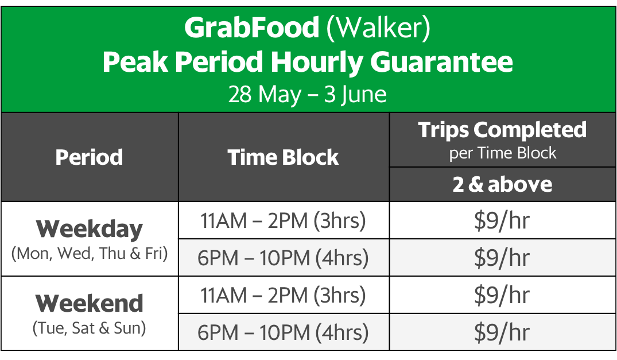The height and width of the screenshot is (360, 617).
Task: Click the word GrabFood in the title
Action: click(x=251, y=28)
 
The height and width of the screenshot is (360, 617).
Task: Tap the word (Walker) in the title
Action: click(x=378, y=28)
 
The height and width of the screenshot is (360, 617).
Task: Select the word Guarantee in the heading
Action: click(x=441, y=62)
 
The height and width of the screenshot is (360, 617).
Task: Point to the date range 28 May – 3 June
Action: click(x=307, y=94)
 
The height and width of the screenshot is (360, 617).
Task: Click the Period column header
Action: click(x=90, y=157)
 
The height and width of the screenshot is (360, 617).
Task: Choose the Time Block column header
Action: click(x=284, y=157)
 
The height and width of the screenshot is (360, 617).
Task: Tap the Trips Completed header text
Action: click(x=502, y=130)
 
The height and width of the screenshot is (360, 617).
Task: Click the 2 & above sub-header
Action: click(x=502, y=184)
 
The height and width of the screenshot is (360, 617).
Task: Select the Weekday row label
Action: click(x=90, y=229)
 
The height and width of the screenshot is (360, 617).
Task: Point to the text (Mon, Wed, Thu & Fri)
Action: click(x=90, y=254)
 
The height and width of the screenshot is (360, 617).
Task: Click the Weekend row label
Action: click(x=90, y=304)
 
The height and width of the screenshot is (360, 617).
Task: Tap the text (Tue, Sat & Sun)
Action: click(x=90, y=328)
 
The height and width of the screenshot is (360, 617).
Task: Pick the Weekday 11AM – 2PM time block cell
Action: click(x=284, y=220)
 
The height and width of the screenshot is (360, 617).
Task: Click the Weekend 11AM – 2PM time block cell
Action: click(x=284, y=296)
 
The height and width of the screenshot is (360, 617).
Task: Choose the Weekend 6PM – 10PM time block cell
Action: click(x=284, y=332)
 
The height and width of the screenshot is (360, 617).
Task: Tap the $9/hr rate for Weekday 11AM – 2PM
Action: click(x=502, y=220)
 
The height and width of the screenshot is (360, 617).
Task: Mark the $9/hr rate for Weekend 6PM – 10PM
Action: click(x=502, y=332)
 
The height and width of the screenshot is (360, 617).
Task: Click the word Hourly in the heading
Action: click(x=317, y=63)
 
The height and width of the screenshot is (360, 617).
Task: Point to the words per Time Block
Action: click(x=502, y=153)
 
